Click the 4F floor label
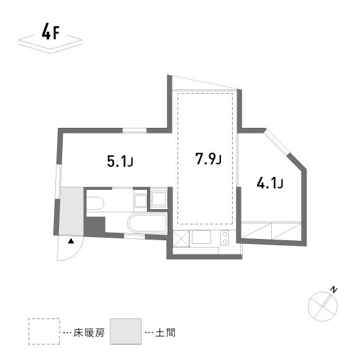click(50, 32)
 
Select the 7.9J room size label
click(208, 160)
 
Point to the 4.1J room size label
click(270, 183)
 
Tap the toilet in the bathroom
click(94, 203)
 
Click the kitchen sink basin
click(202, 238)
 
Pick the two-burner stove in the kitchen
click(224, 238)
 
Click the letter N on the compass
click(334, 290)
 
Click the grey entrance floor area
click(71, 211)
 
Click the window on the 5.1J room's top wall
click(135, 130)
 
